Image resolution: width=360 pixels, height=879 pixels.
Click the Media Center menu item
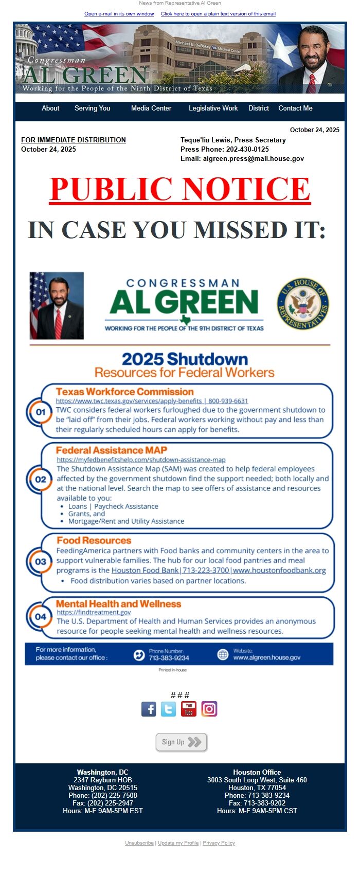click(151, 108)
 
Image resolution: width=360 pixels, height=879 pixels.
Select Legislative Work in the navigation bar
click(213, 108)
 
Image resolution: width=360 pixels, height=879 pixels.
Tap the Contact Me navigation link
click(295, 108)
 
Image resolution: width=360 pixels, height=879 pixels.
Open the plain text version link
click(218, 14)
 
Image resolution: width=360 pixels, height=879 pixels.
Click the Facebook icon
click(149, 709)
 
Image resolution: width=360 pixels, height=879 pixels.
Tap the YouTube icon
click(189, 709)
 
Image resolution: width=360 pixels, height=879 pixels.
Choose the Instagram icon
click(209, 709)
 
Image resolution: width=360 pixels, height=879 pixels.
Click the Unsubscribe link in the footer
click(139, 843)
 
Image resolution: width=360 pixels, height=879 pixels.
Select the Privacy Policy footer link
click(219, 843)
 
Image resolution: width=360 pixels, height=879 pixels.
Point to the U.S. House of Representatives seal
click(303, 304)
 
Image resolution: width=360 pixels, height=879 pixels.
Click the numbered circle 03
click(41, 562)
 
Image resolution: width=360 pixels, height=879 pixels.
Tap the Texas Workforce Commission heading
click(124, 392)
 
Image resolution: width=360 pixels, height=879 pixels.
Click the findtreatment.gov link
click(94, 612)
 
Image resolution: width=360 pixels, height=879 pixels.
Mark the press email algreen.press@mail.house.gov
click(253, 159)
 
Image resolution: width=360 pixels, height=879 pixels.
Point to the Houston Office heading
click(257, 772)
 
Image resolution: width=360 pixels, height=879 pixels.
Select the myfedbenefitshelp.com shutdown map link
click(141, 460)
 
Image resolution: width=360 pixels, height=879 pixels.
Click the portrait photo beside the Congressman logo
click(57, 305)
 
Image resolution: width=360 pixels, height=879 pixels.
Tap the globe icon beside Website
click(223, 654)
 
